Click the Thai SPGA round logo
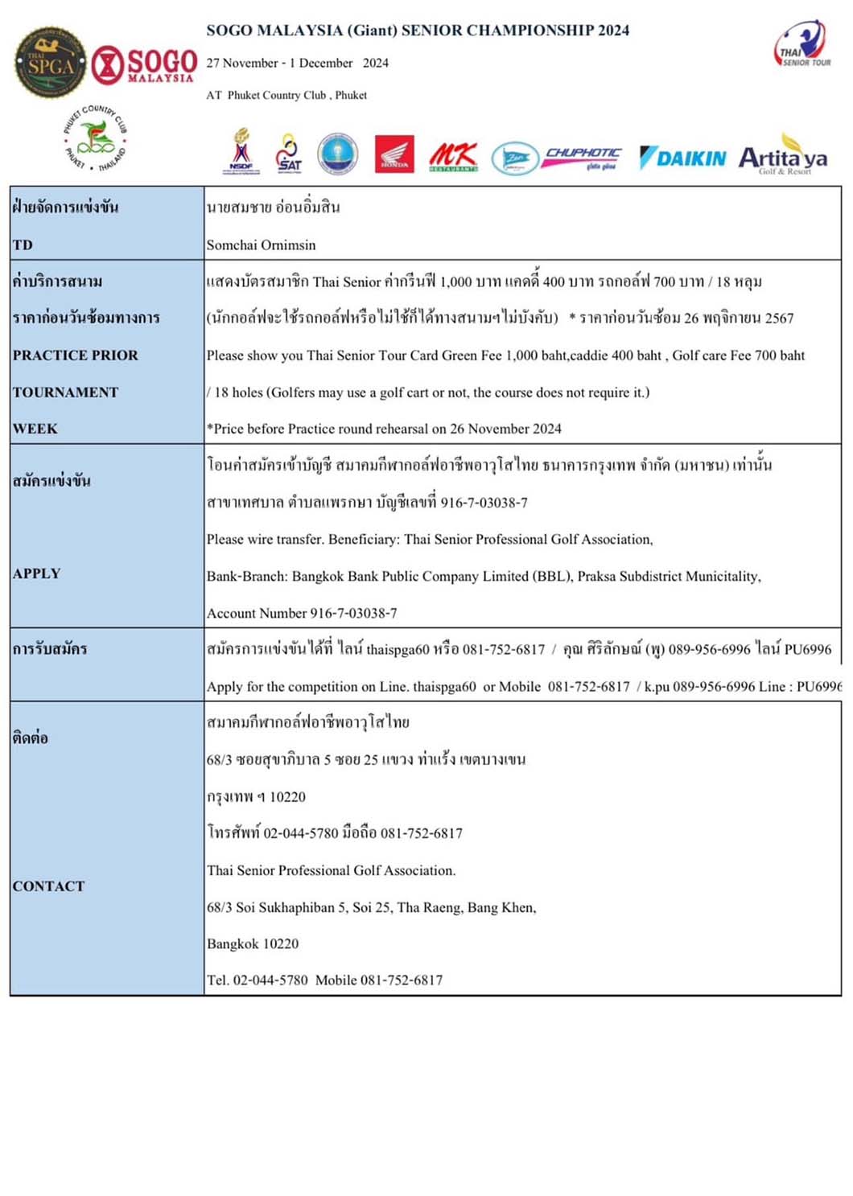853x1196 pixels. (50, 63)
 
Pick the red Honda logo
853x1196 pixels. (394, 154)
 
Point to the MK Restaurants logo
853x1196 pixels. (453, 156)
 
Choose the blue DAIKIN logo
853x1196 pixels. (682, 158)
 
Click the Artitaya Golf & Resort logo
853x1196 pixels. (783, 158)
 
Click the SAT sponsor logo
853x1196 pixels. (288, 153)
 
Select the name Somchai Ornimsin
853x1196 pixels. (261, 245)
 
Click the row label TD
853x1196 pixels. (23, 245)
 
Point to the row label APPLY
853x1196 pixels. (37, 573)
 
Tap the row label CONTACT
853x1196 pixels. (48, 886)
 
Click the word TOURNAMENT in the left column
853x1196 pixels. (65, 393)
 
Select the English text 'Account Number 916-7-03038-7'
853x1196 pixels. (302, 613)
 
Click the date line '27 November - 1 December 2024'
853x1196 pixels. (297, 63)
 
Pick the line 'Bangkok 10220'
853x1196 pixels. (253, 943)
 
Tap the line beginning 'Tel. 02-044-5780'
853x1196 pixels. (324, 980)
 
